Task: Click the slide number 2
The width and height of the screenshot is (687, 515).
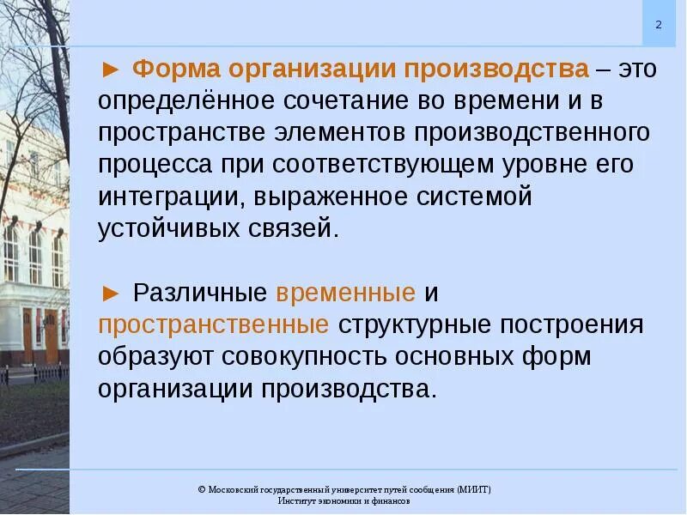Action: [659, 25]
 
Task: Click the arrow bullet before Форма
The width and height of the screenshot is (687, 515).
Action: [110, 69]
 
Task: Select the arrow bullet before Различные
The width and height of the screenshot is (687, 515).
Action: [110, 292]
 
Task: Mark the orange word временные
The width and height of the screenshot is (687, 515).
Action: [345, 293]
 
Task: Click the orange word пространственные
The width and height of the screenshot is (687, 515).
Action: [214, 325]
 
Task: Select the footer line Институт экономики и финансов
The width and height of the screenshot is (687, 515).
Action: [343, 500]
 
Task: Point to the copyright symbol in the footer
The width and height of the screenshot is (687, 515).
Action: [201, 489]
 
